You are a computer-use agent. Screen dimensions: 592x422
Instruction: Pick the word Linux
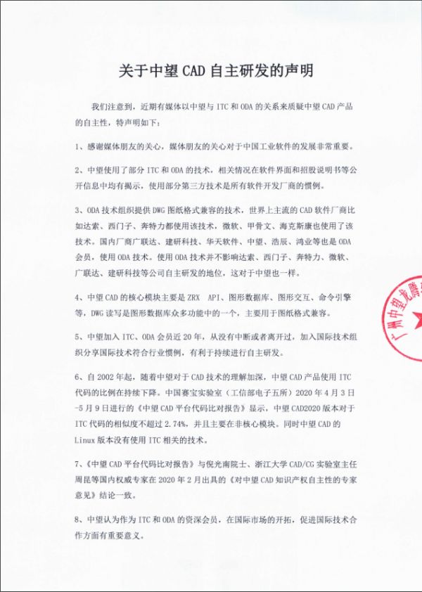pyautogui.click(x=87, y=440)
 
